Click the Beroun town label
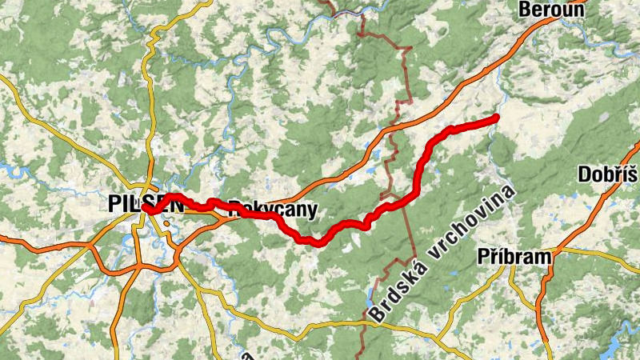tap(548, 10)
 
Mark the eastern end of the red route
tap(496, 118)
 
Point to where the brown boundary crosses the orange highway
tap(392, 128)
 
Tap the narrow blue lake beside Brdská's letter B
tap(374, 290)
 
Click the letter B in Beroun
tap(525, 10)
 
